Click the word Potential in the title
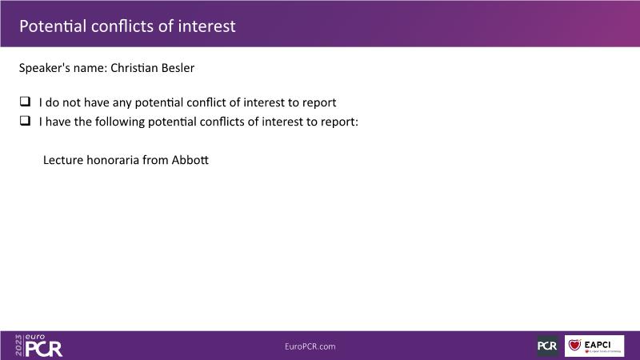(x=53, y=26)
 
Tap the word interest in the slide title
(x=206, y=26)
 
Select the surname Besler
(x=178, y=68)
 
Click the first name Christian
(x=134, y=68)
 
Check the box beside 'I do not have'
(x=25, y=102)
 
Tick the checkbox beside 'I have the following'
(x=25, y=121)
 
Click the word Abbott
(x=190, y=159)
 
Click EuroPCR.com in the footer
(x=310, y=346)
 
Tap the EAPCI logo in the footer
(x=594, y=346)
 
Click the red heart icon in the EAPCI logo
(x=574, y=346)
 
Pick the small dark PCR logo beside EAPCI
(x=547, y=346)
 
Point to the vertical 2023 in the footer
(x=18, y=346)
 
